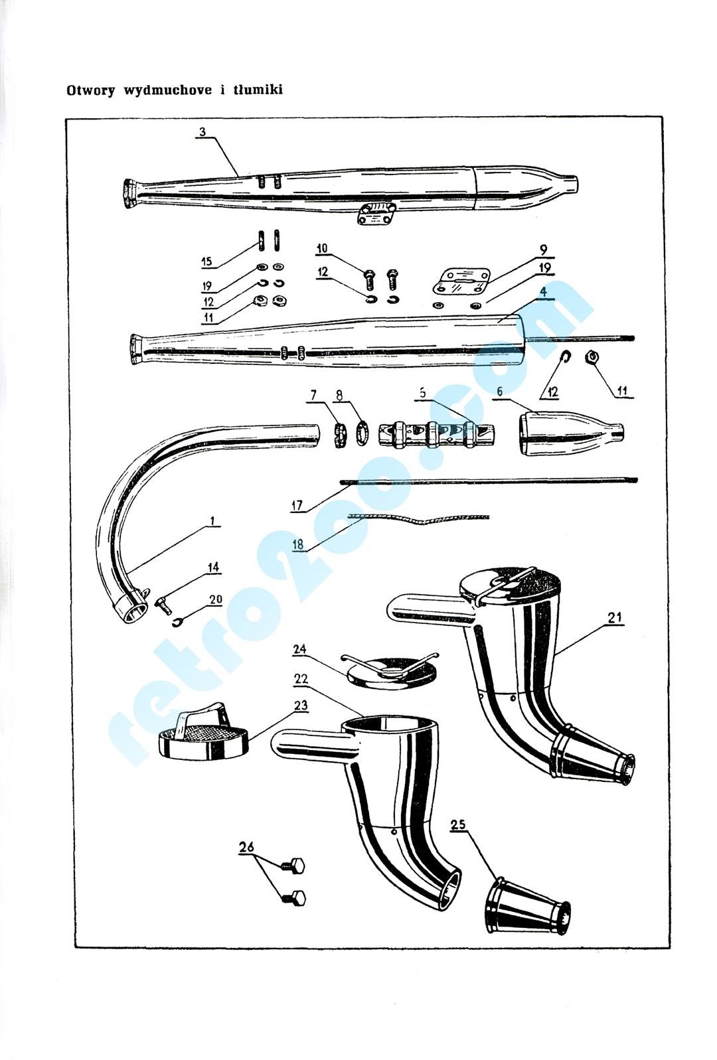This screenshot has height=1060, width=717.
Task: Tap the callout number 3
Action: [x=202, y=131]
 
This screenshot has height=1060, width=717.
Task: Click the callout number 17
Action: [x=297, y=506]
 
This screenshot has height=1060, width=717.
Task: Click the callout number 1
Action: [x=212, y=521]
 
